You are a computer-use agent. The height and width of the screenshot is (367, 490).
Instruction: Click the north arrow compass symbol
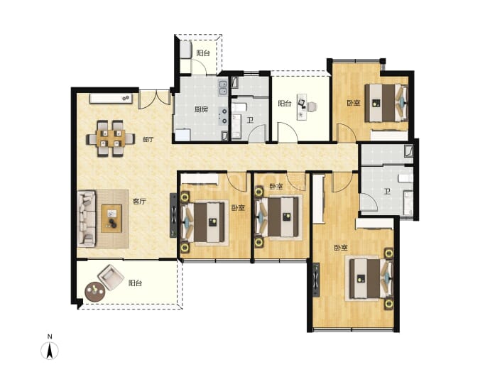coord(50,351)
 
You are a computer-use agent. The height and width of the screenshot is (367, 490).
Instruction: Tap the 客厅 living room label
coord(139,202)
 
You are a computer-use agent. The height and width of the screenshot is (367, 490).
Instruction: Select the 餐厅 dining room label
coord(148,139)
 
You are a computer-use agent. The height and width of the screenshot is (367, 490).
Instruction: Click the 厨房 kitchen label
coord(201,109)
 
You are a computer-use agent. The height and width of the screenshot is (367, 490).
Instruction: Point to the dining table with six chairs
coord(111,138)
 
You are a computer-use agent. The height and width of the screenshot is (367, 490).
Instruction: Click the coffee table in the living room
coord(111,219)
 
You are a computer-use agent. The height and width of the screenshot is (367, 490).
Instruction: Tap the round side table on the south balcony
coord(94,292)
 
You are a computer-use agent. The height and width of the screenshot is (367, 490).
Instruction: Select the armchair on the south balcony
coord(111,278)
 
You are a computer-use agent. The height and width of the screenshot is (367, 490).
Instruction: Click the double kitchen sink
coord(223,88)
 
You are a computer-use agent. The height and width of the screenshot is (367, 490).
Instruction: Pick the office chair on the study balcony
coord(312,106)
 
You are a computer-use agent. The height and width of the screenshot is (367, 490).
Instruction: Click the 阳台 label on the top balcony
coord(203,53)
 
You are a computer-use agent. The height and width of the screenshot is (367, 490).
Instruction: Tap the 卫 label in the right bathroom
coord(387,191)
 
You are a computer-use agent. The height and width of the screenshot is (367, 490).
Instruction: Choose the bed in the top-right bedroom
coord(386,103)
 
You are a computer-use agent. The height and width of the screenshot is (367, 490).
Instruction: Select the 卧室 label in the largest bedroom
coord(341,248)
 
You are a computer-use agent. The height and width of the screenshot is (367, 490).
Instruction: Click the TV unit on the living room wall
coord(173,216)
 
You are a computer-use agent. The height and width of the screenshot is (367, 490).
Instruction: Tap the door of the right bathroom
coord(369,202)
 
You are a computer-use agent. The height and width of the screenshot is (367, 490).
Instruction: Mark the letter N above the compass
coord(50,336)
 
